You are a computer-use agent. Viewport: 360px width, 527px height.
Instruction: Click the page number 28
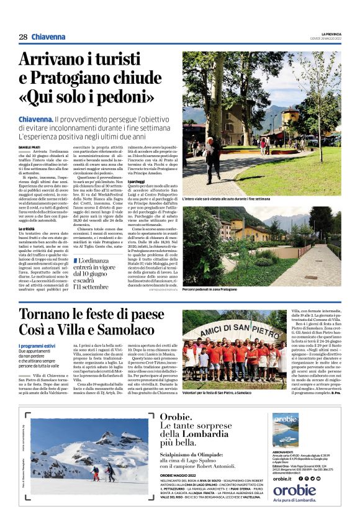(x=23, y=37)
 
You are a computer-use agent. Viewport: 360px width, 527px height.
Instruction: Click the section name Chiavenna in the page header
(x=48, y=37)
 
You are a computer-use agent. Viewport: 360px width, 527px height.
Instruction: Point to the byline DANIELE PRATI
(x=30, y=146)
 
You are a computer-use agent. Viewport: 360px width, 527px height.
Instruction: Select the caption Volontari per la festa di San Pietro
(x=226, y=392)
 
